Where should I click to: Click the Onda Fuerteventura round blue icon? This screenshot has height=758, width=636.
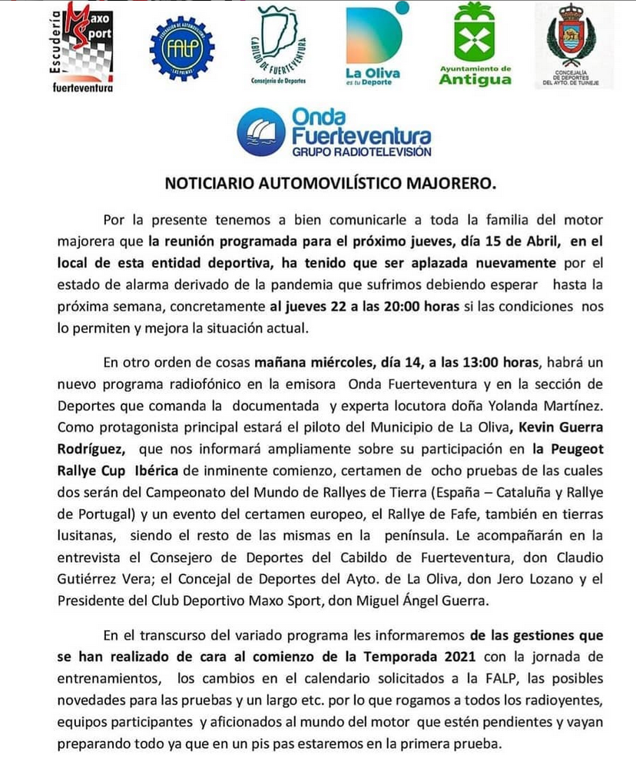pyautogui.click(x=261, y=132)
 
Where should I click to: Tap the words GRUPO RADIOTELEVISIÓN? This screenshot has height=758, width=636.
pyautogui.click(x=361, y=152)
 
